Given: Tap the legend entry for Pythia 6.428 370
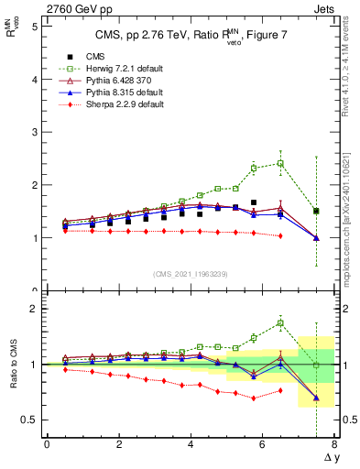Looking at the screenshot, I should click(x=107, y=81).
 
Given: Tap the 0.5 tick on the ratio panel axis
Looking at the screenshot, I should click(x=29, y=420).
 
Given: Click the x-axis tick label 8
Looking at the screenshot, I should click(x=334, y=444).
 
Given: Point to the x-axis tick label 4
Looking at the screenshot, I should click(x=191, y=444).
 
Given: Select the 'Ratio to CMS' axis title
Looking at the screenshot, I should click(x=13, y=366).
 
